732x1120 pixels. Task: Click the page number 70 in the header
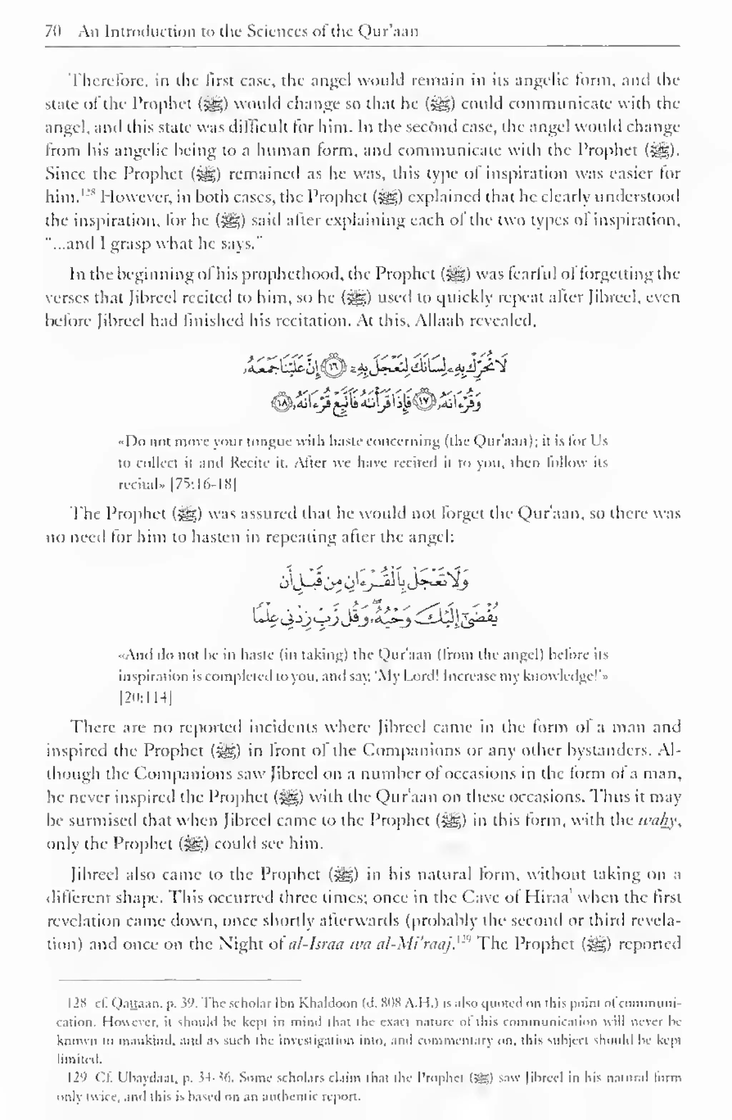(x=51, y=31)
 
